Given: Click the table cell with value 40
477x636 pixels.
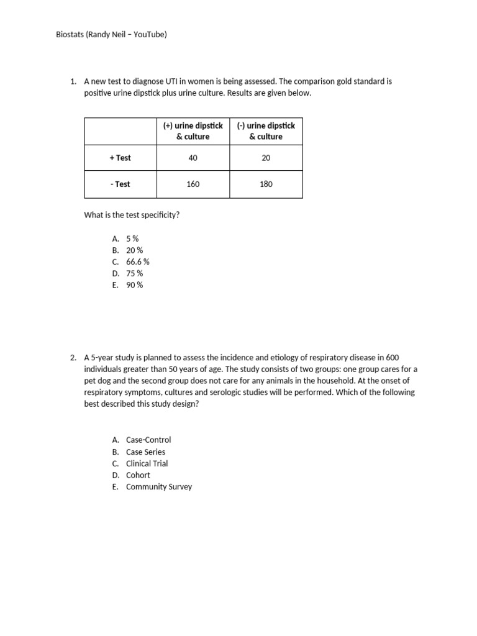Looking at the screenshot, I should coord(193,158).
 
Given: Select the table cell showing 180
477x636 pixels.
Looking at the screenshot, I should coord(266,184).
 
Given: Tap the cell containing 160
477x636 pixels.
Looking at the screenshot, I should coord(193,184).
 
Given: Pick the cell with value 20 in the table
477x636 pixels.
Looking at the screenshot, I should coord(266,158).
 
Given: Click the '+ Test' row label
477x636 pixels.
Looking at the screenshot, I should coord(120,158).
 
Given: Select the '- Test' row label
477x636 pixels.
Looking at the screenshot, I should coord(120,184).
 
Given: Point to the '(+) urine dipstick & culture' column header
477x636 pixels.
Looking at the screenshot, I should coord(193,131).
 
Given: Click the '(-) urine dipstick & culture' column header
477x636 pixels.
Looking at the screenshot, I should coord(266,131).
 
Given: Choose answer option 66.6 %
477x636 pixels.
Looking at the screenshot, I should coord(137,261).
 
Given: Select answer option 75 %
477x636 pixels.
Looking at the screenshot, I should coord(134,273).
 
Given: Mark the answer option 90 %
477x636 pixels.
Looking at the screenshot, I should coord(134,285).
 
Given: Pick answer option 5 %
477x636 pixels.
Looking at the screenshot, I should coord(132,238).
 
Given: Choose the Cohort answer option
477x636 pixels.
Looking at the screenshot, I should coord(138,475).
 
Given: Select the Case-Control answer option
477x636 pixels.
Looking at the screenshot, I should coord(148,440).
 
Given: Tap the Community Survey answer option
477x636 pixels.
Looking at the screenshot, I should coord(159,487).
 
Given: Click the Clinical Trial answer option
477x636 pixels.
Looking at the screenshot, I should coord(147,463).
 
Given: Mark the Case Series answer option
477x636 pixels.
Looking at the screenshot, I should coord(145,452).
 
